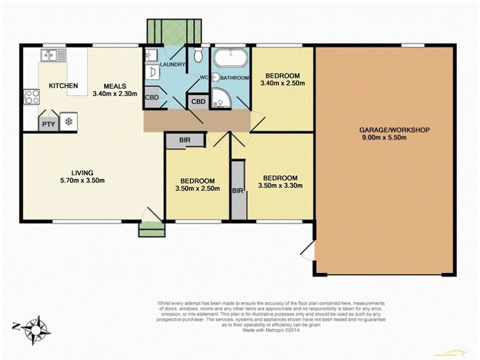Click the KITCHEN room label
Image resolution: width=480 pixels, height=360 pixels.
63,86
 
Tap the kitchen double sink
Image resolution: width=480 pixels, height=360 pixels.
53,55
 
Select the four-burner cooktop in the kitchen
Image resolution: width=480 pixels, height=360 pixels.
30,97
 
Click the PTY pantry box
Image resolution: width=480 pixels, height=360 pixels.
47,124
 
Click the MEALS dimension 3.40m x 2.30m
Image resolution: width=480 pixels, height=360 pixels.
115,94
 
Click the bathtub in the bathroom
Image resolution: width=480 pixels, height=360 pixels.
230,59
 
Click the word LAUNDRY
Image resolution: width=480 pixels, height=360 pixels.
173,65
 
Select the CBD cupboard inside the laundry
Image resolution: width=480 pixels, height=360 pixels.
152,98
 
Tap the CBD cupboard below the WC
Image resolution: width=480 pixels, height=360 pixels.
198,101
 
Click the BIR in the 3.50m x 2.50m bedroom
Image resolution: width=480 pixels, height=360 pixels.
185,140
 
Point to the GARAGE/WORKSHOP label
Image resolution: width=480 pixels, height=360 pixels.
386,130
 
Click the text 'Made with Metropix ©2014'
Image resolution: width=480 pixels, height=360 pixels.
271,328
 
